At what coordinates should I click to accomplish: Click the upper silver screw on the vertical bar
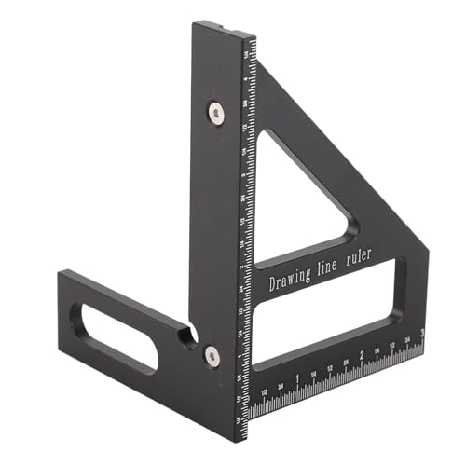pos(215,113)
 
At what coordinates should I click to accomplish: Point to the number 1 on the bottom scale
pos(296,377)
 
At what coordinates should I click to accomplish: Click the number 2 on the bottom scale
pos(362,355)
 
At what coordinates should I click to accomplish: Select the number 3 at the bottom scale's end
pos(423,333)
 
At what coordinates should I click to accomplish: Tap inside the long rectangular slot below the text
pos(326,317)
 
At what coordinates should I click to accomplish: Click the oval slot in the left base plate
pos(119,334)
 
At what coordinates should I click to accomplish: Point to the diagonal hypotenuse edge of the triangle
pos(345,158)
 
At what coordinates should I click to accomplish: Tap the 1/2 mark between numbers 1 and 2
pos(329,367)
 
